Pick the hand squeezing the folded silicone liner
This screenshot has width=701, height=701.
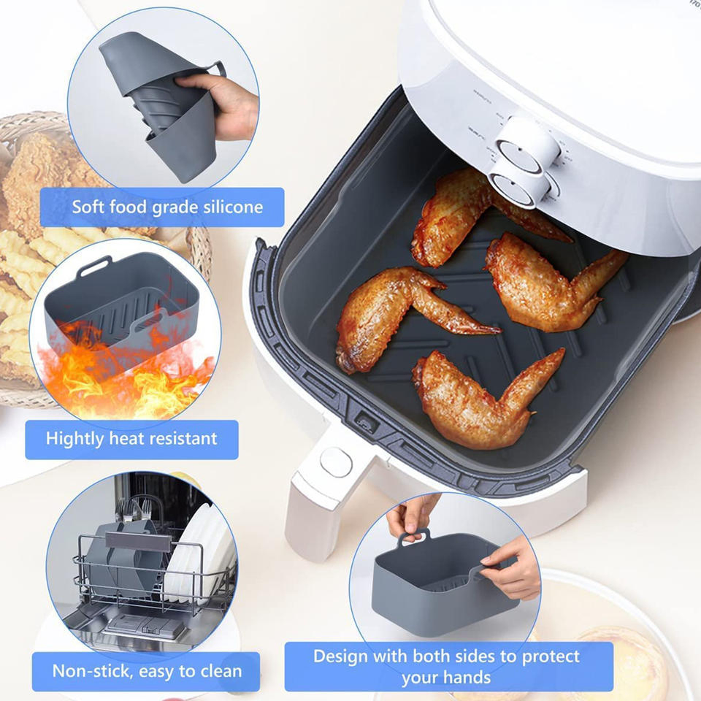pyautogui.click(x=223, y=102)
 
